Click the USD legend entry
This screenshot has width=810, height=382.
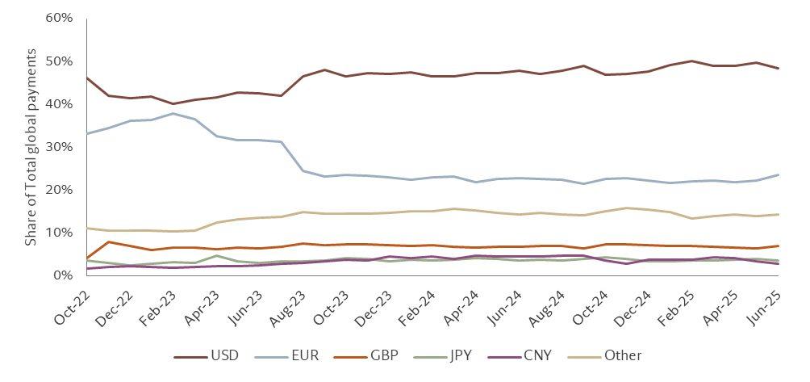coord(206,355)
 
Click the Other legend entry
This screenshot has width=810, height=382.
coord(604,355)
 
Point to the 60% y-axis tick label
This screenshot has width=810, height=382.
coord(60,18)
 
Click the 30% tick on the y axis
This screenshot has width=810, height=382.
coord(60,147)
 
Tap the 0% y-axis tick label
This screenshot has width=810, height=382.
coord(64,275)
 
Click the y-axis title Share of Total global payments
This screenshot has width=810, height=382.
coord(31,147)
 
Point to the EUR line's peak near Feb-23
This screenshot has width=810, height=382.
coord(173,113)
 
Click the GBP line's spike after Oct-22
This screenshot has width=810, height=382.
coord(108,241)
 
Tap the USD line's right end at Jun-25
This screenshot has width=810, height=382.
coord(778,68)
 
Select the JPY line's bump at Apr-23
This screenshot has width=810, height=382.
coord(216,255)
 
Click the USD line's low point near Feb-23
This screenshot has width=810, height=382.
coord(173,103)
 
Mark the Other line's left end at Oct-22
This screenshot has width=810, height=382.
coord(87,228)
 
